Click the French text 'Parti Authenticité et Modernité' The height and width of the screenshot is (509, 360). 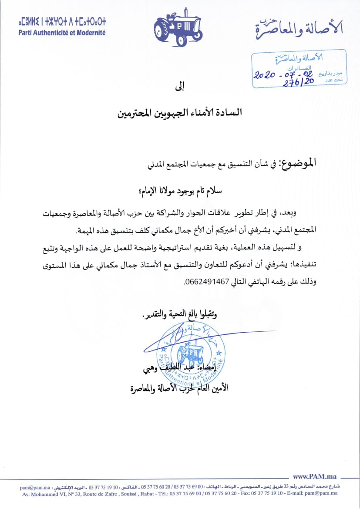click(62, 33)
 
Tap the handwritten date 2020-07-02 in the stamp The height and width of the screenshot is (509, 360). click(282, 74)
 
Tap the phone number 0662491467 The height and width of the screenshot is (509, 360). click(207, 281)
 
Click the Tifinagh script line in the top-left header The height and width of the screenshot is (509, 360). click(62, 22)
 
